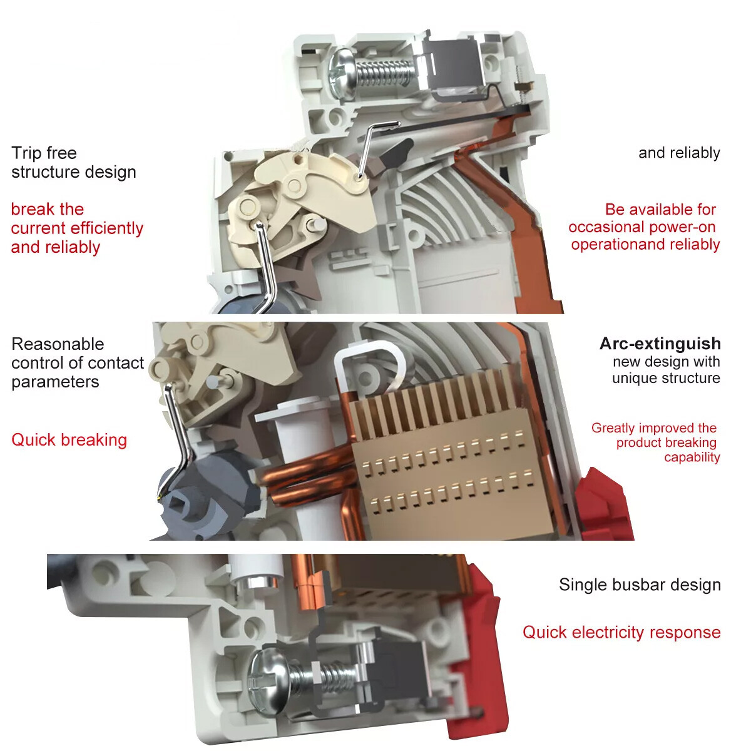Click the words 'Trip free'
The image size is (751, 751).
point(44,153)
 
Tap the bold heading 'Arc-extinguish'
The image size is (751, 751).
point(660,344)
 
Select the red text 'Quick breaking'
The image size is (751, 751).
point(69,440)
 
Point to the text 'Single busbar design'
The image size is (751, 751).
point(640,585)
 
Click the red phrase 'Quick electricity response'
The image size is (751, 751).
point(621,632)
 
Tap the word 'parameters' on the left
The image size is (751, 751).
point(55,382)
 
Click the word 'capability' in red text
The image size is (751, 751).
point(692,457)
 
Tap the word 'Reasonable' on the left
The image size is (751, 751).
point(58,344)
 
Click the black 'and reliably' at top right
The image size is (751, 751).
point(679,153)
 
